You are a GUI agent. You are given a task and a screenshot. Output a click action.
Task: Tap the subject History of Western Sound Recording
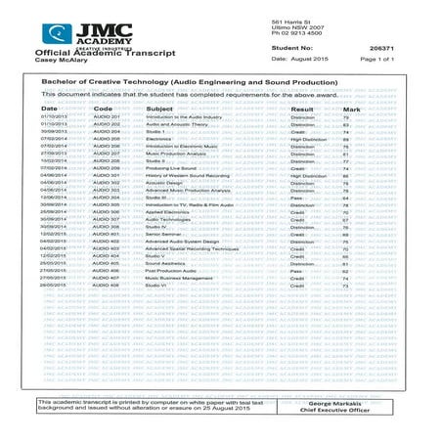[x=191, y=174]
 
